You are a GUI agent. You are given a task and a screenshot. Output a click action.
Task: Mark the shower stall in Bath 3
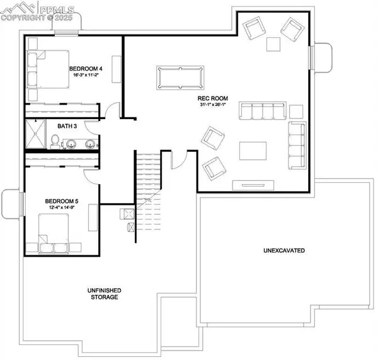[x=37, y=134]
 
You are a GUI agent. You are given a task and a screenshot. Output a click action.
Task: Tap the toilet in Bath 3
[x=55, y=140]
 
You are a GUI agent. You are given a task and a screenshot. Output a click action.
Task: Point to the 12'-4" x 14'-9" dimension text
[x=62, y=208]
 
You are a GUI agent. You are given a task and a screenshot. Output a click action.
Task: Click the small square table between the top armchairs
[x=273, y=44]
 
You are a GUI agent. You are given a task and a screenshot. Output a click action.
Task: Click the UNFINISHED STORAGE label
[x=104, y=294]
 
